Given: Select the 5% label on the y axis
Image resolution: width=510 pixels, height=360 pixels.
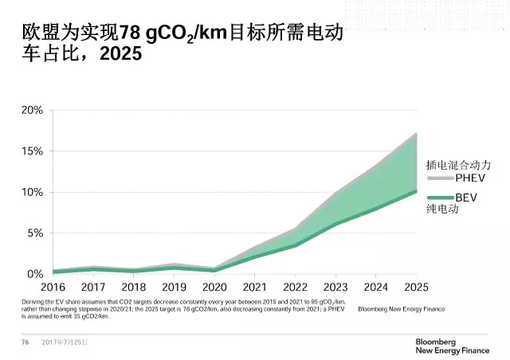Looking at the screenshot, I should click(x=33, y=233).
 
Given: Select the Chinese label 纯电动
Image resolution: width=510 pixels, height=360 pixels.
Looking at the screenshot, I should click(x=443, y=210).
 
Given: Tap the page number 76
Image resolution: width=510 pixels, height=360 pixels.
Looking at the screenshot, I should click(x=25, y=342).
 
